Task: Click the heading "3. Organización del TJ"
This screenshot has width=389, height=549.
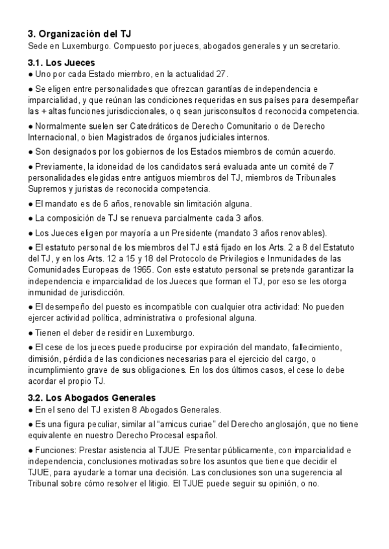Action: (80, 34)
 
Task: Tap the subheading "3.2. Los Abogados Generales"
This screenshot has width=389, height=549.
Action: (91, 398)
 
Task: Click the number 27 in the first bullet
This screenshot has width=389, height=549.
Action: (222, 74)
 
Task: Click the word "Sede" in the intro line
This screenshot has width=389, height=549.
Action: (38, 47)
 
